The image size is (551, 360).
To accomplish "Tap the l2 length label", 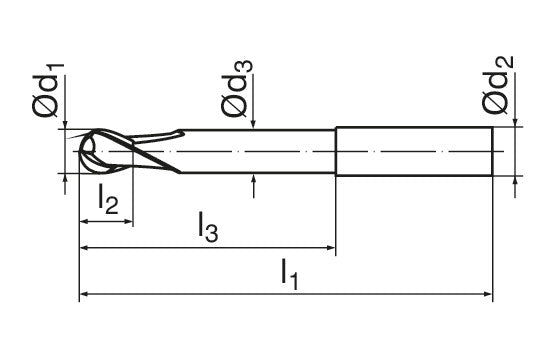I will point(109,203).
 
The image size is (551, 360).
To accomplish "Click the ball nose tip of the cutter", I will point(85,152).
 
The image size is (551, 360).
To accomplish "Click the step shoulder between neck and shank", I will point(335,152).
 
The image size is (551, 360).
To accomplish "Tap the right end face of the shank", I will point(492,152).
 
